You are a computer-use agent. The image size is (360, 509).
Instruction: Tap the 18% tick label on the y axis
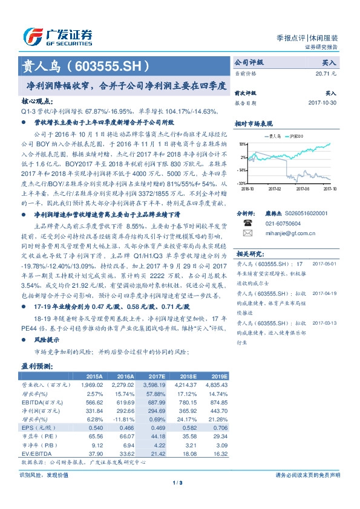coord(242,144)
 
